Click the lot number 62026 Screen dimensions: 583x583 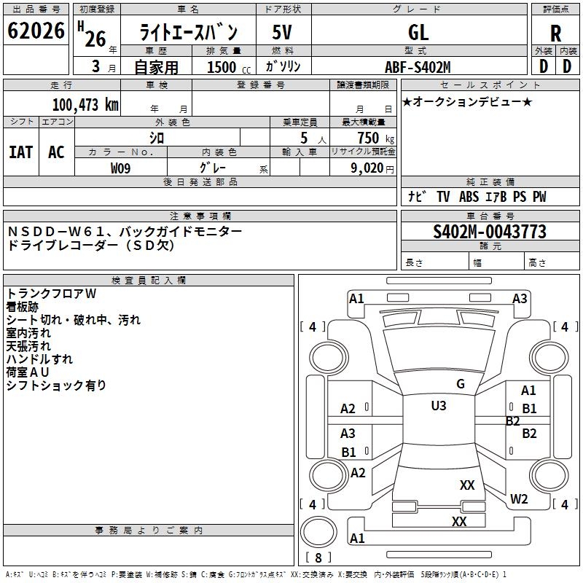point(36,31)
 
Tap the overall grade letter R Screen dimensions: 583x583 point(555,34)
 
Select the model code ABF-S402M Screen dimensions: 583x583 point(418,67)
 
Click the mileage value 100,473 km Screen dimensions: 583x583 point(85,105)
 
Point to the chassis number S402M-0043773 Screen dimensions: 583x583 point(490,232)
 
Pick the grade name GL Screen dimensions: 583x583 point(418,33)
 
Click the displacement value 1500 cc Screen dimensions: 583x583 point(229,67)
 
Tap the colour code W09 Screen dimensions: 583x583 point(120,168)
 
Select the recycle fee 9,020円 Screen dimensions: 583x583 point(372,168)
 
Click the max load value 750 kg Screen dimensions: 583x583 point(375,138)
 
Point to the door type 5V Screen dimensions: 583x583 point(282,32)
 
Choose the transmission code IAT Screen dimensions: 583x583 point(21,152)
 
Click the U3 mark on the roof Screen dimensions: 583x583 point(439,406)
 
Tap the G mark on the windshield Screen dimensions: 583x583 point(461,384)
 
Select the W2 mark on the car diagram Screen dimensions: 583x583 point(519,499)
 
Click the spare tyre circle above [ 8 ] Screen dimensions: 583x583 point(318,532)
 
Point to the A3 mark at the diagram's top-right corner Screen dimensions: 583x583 point(520,299)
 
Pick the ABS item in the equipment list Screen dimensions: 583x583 point(469,197)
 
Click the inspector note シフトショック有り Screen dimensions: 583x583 point(56,386)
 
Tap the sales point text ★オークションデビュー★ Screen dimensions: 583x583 point(467,101)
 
